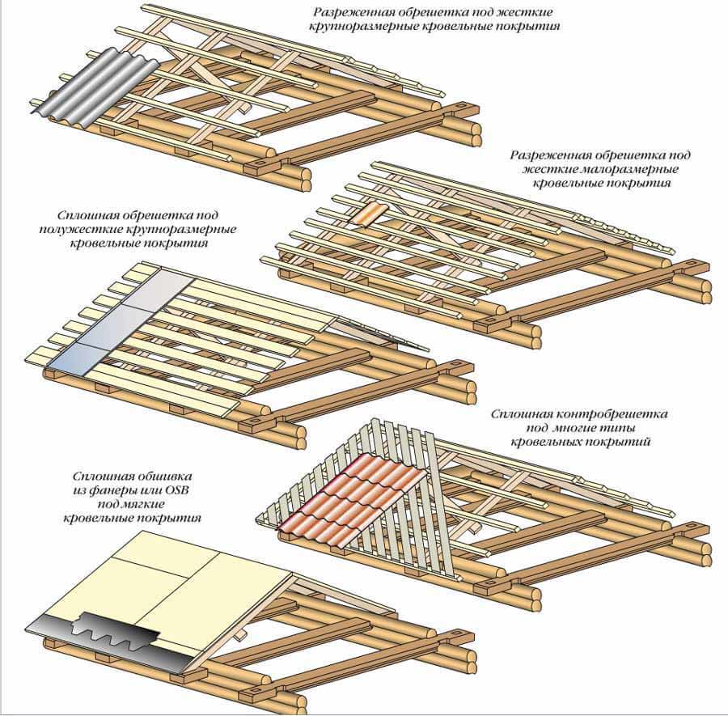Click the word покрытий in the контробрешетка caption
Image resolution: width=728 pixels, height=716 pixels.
(627, 443)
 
